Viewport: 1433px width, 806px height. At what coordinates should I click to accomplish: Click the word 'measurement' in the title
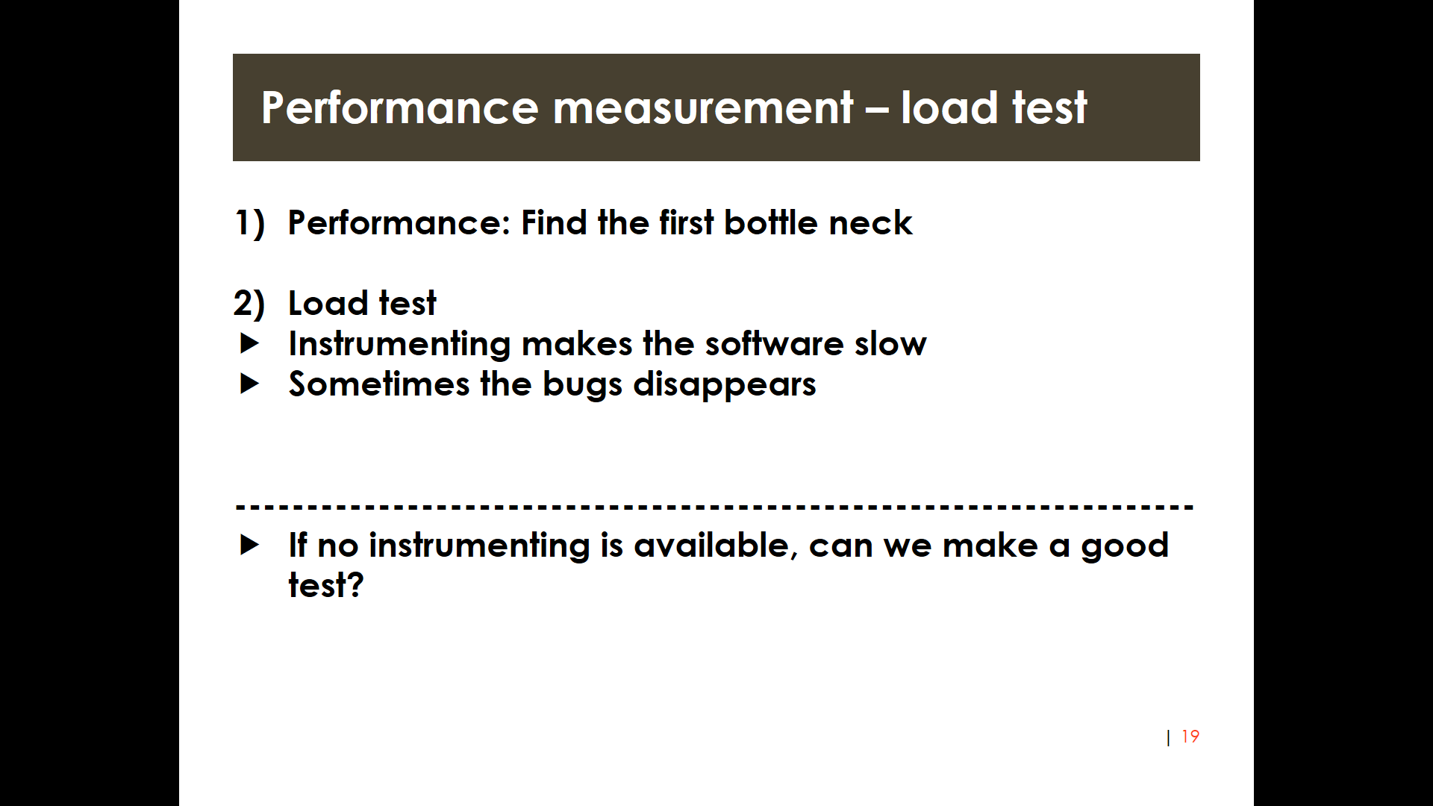pos(702,108)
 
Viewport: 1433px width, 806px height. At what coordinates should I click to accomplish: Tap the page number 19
pos(1190,737)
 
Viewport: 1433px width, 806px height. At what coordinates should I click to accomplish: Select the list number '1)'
pos(250,223)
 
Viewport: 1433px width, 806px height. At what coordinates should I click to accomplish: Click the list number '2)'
pos(249,304)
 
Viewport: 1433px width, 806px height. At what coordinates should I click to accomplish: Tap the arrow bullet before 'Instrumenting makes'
pos(250,343)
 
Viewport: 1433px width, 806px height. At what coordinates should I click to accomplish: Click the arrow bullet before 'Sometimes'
pos(250,384)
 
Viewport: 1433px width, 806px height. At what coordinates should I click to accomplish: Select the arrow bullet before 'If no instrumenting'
pos(250,545)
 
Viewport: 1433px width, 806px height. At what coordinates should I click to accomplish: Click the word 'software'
pos(774,343)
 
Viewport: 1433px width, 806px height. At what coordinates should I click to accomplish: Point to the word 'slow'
pos(890,343)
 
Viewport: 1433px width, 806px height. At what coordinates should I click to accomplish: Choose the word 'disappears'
pos(724,385)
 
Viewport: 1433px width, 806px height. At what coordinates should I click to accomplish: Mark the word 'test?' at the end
pos(325,585)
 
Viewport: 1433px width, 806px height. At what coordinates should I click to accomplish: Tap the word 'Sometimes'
pos(379,384)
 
